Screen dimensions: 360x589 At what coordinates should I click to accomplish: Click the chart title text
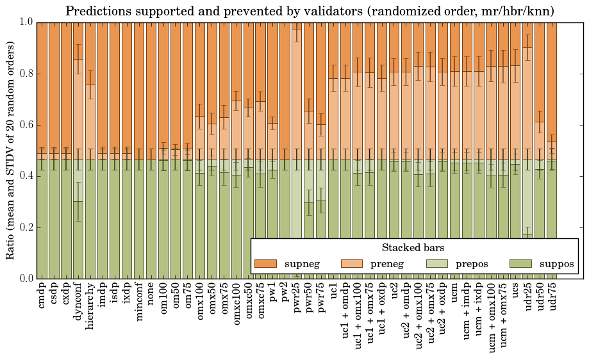tap(310, 11)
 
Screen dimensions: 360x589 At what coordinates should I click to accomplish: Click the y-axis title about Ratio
tap(11, 150)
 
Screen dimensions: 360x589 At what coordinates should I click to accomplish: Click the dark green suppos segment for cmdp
tap(42, 224)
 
